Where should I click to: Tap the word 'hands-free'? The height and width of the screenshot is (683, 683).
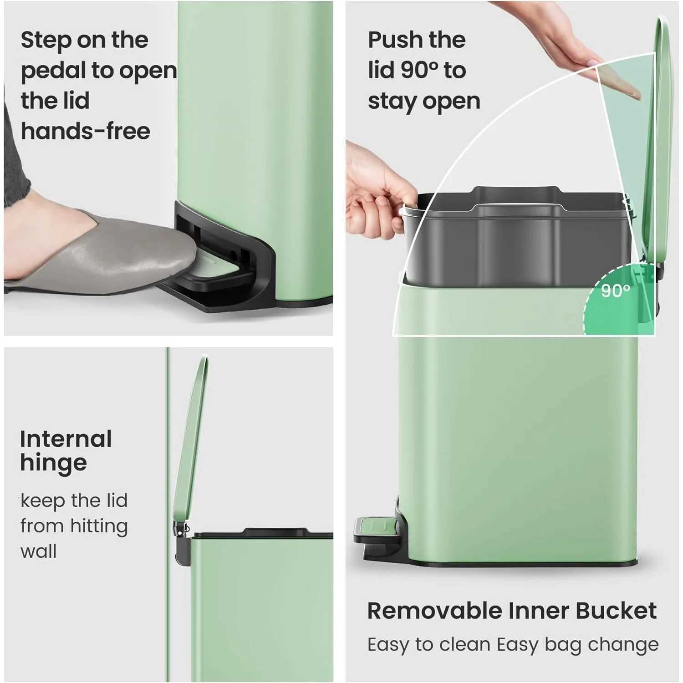click(85, 132)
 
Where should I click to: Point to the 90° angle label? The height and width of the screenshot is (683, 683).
click(615, 291)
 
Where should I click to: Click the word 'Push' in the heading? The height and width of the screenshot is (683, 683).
click(396, 40)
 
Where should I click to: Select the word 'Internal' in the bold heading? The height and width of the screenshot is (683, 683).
click(66, 439)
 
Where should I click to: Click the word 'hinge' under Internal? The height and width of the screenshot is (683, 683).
click(53, 464)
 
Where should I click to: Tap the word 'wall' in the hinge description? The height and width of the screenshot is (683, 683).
click(39, 551)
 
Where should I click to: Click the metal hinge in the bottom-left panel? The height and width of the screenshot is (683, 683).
click(182, 530)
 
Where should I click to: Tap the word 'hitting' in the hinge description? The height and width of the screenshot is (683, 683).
click(99, 526)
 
